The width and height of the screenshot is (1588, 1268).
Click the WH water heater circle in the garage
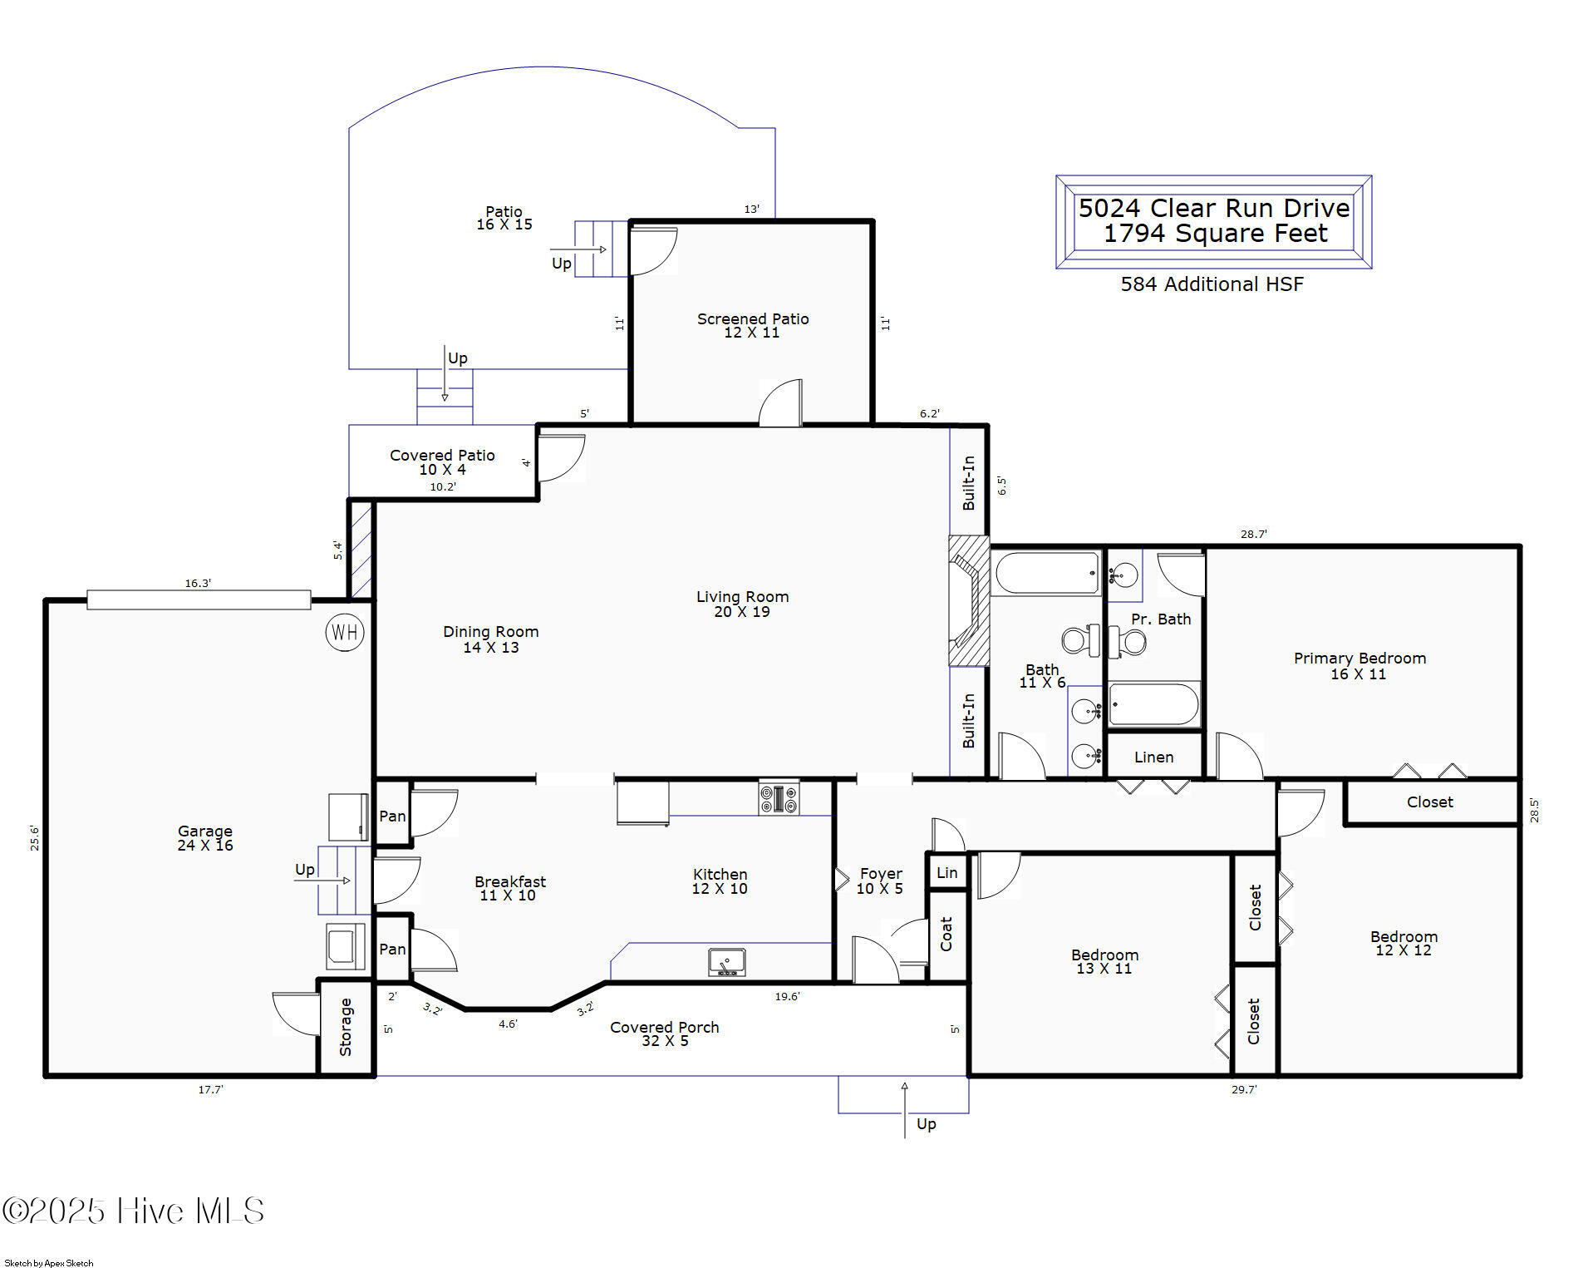point(345,633)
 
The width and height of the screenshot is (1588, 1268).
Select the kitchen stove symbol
point(779,798)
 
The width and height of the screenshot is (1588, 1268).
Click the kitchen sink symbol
point(726,962)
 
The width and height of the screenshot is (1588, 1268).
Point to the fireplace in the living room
point(969,600)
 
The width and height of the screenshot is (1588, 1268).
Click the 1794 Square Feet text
point(1215,234)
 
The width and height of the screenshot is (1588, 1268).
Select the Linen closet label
point(1153,757)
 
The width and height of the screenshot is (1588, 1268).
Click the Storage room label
point(346,1028)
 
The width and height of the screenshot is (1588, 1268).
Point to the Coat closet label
point(946,934)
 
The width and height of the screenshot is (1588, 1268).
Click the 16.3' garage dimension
point(198,584)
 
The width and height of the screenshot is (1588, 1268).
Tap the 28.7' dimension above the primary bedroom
point(1253,534)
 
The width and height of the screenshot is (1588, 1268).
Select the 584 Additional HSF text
point(1212,284)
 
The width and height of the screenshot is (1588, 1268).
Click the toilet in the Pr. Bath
point(1128,641)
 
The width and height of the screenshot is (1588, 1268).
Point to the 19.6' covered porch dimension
point(787,996)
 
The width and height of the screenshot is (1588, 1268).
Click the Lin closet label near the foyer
point(947,873)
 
